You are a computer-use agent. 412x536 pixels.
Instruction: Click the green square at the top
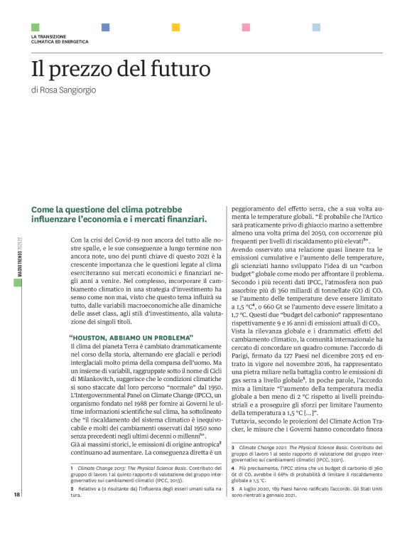[35, 27]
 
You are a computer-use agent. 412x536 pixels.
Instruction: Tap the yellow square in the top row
[175, 27]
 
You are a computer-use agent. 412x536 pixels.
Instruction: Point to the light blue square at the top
[316, 27]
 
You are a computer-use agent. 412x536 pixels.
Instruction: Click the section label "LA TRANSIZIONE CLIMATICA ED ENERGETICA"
[60, 39]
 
